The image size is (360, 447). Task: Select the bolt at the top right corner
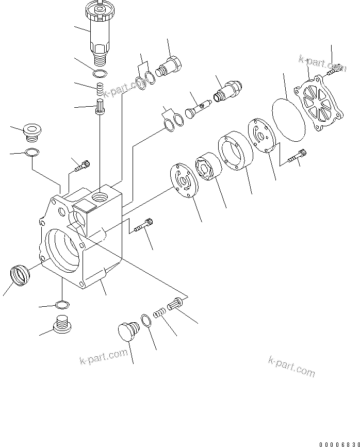(334, 69)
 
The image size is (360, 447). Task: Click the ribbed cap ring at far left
(21, 274)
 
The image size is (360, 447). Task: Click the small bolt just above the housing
(82, 166)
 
